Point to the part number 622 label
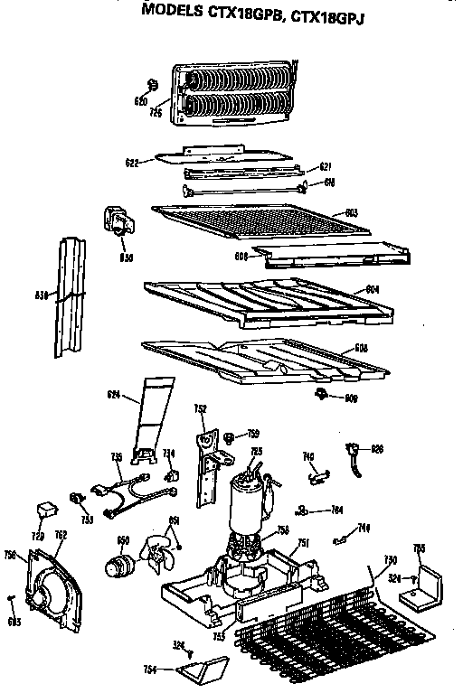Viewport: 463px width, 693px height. [132, 163]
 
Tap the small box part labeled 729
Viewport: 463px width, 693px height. [44, 514]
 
